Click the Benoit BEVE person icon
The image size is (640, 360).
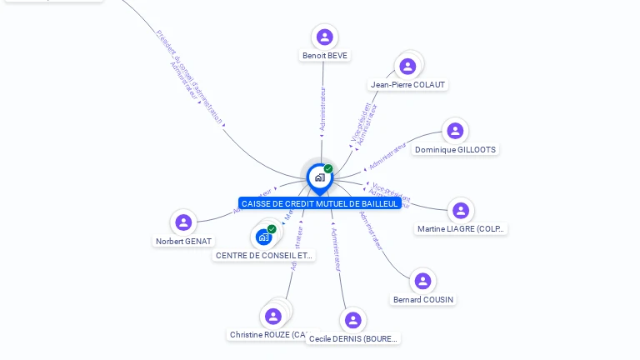click(x=325, y=37)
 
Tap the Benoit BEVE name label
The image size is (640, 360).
click(x=325, y=56)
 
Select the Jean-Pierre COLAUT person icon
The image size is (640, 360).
click(x=407, y=67)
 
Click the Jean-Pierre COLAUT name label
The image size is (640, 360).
click(x=408, y=85)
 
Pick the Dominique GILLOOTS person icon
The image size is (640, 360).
click(x=455, y=131)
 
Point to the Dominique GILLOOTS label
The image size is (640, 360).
click(x=455, y=150)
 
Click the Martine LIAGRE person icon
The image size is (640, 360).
click(x=461, y=210)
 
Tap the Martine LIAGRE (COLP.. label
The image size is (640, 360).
click(x=461, y=229)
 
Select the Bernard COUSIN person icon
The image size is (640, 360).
click(x=422, y=281)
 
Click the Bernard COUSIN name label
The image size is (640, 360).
click(x=423, y=300)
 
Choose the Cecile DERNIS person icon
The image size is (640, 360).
click(x=353, y=320)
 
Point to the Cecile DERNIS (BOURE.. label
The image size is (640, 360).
click(x=353, y=339)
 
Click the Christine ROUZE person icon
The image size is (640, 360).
click(x=272, y=317)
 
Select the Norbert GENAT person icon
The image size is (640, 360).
click(x=183, y=222)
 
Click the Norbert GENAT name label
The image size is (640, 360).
click(x=183, y=242)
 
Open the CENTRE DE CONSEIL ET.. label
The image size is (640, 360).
click(x=264, y=256)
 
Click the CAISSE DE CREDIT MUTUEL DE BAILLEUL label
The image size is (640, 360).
click(x=320, y=203)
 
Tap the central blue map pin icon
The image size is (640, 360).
click(x=319, y=177)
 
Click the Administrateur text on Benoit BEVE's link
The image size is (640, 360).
click(x=323, y=108)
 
